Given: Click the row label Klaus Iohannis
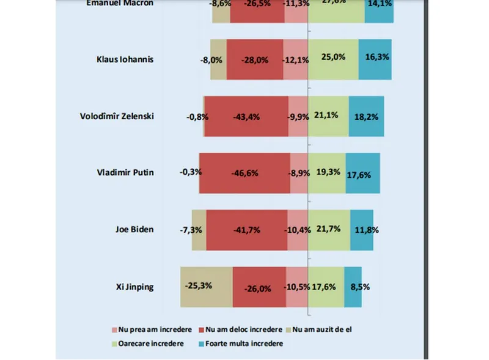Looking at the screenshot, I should pos(125,59).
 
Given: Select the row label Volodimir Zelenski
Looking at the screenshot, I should pos(117,116).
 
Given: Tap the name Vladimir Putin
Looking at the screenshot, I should pos(125,172).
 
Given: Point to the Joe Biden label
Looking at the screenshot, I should pos(134,230).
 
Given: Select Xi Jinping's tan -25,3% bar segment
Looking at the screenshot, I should pos(206,286).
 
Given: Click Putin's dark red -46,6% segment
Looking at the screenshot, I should pos(244,173).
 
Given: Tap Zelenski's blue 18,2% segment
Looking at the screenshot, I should pos(366,116).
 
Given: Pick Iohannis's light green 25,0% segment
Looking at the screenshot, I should pos(333,59).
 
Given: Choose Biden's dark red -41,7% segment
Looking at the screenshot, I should pos(246,230).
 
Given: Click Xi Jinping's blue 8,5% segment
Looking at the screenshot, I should pos(353,286).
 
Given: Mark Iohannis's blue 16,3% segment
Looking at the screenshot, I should pos(374,59).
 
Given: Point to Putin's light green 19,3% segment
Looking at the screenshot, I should pos(326,173).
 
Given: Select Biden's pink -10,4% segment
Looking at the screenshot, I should pos(298,230).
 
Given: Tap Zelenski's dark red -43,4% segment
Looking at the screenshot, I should pos(246,116).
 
